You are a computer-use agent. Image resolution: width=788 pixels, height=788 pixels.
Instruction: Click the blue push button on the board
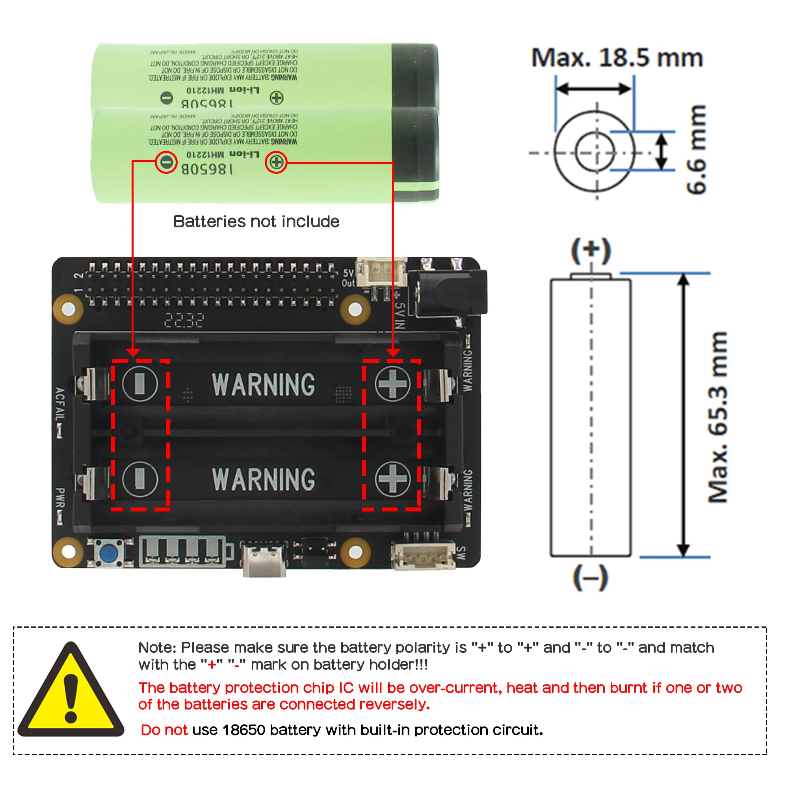[108, 554]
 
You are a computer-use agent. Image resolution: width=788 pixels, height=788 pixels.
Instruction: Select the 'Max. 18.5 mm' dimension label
[617, 58]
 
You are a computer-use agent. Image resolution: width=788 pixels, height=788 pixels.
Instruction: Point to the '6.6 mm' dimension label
[696, 149]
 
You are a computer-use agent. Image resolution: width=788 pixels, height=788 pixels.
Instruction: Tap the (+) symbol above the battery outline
[591, 251]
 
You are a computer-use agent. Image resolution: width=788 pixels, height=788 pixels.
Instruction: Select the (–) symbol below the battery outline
[591, 578]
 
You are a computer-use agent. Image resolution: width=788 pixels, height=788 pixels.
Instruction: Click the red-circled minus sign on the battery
[166, 162]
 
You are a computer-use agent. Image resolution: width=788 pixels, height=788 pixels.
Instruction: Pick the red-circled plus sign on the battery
[276, 162]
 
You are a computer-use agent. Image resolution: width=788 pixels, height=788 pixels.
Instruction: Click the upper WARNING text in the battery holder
[264, 385]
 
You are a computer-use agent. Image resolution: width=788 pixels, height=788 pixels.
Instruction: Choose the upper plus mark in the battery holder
[392, 384]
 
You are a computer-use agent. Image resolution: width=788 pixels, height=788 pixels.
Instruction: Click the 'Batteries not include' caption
[256, 221]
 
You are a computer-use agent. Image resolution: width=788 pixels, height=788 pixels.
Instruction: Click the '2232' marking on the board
[184, 321]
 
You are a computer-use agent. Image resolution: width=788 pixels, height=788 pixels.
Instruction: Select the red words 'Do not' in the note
[164, 730]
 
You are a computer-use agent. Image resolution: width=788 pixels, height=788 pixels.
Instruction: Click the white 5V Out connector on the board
[381, 272]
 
